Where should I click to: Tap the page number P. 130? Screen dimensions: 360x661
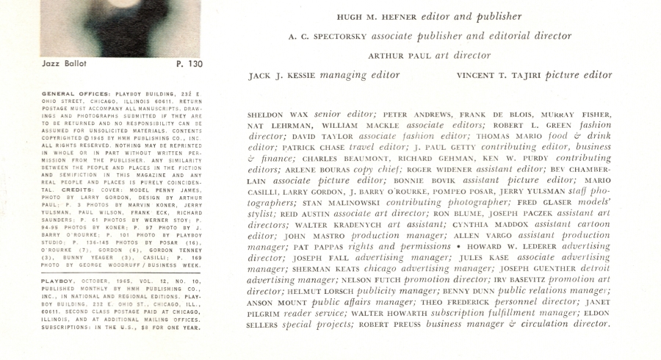[x=189, y=64]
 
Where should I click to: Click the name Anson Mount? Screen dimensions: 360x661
[x=275, y=303]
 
